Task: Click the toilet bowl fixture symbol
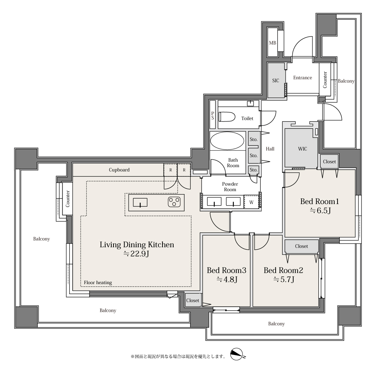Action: (x=227, y=117)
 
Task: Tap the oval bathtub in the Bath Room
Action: (x=227, y=141)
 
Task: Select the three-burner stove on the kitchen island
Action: (x=174, y=202)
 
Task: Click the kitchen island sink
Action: (x=140, y=203)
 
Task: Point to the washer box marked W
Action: (x=251, y=202)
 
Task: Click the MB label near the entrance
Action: (x=272, y=43)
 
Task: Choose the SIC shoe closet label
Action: (x=276, y=80)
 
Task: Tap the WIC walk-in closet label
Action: (x=303, y=149)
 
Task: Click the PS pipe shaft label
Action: (x=213, y=115)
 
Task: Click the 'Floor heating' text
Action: (x=98, y=283)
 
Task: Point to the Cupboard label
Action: (x=119, y=170)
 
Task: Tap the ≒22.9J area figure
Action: (x=136, y=254)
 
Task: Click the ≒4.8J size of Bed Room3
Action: (x=227, y=279)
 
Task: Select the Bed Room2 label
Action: (x=283, y=270)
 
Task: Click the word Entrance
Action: (x=303, y=77)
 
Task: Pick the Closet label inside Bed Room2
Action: (x=301, y=246)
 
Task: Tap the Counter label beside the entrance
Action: (x=325, y=80)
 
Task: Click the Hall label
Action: (x=270, y=149)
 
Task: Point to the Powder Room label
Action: (x=230, y=187)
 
